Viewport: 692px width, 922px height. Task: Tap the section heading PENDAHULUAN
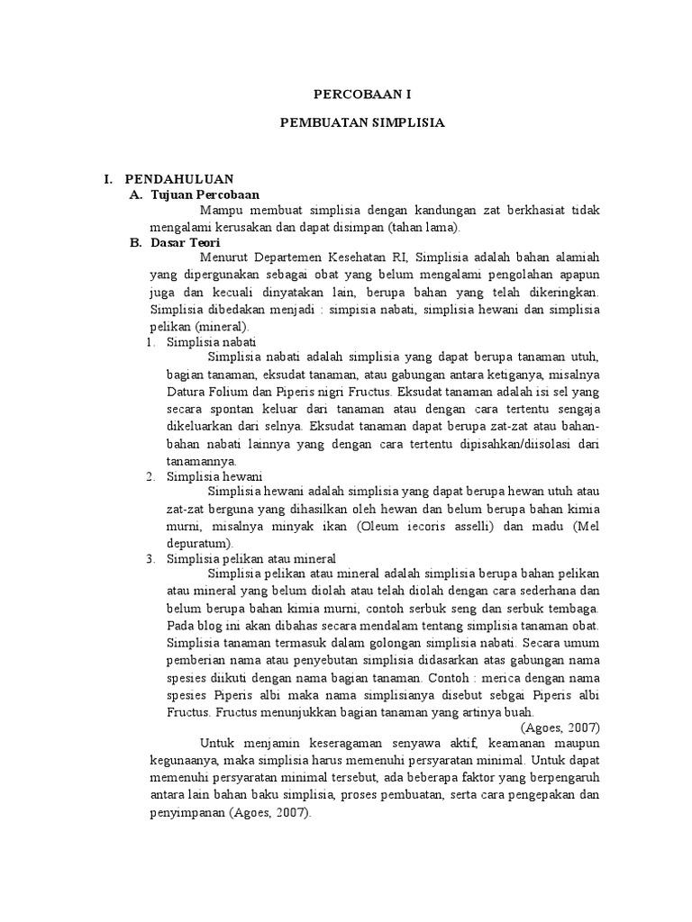[x=179, y=179]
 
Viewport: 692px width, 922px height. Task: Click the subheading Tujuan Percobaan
[x=205, y=194]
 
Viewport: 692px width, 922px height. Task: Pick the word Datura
[x=187, y=393]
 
